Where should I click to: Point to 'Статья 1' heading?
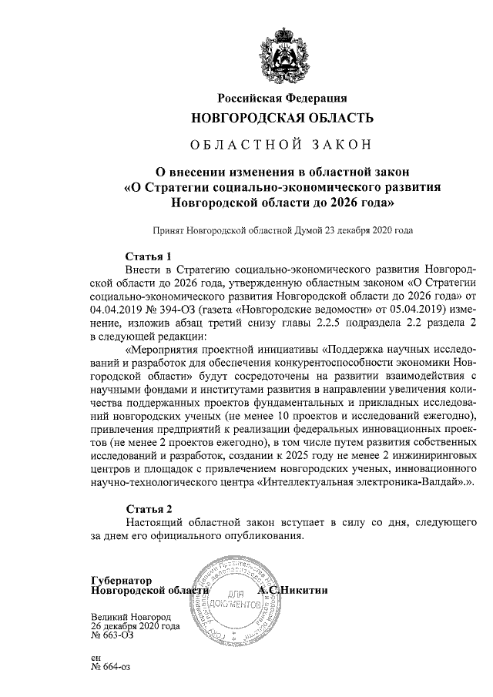pos(148,255)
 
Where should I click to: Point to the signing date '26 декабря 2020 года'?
pos(135,627)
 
